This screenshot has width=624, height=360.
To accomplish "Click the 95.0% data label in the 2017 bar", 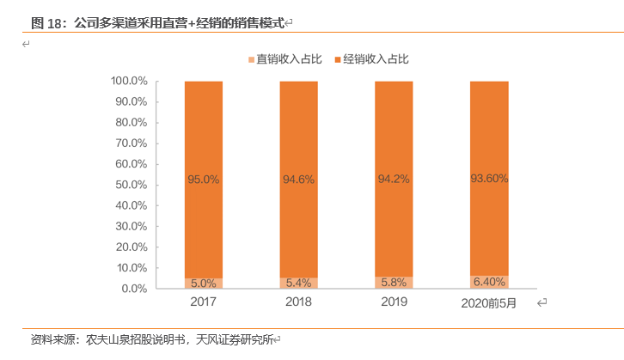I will [x=204, y=180].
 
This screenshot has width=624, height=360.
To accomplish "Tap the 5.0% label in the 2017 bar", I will [x=204, y=283].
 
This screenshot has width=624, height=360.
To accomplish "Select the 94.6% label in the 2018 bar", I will [x=298, y=180].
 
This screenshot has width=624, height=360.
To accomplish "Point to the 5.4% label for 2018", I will [x=298, y=282].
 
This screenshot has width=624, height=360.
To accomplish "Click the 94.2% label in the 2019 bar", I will [x=393, y=180].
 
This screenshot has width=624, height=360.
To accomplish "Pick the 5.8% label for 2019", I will [x=393, y=282].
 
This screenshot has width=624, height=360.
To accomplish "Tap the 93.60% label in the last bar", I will [x=489, y=179].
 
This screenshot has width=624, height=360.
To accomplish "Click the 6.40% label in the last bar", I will [x=489, y=281].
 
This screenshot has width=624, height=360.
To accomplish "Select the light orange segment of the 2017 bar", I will [x=190, y=283].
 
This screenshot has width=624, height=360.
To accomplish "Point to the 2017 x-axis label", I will [x=203, y=302].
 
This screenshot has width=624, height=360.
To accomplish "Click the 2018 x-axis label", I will [x=297, y=302].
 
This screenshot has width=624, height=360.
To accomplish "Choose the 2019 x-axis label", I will [x=393, y=302].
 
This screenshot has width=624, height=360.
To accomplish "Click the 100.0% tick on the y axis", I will [x=129, y=81].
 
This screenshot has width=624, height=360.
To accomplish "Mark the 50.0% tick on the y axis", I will [x=132, y=185].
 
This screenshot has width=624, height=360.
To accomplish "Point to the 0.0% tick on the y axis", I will [x=135, y=289].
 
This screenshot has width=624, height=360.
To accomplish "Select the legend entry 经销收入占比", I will [x=376, y=58].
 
